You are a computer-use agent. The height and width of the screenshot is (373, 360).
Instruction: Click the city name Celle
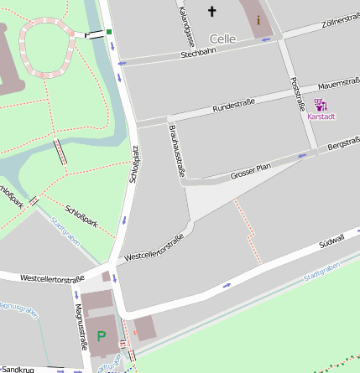(x=222, y=39)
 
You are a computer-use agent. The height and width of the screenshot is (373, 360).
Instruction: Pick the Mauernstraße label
(x=339, y=83)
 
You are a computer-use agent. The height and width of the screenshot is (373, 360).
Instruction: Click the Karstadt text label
(x=321, y=117)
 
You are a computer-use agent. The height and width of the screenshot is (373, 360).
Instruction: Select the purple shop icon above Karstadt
(x=321, y=105)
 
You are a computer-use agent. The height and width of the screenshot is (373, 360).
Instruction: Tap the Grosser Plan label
(x=251, y=171)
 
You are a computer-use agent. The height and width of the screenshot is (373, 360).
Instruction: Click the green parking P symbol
(x=102, y=336)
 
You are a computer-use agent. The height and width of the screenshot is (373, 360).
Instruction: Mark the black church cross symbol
(x=211, y=12)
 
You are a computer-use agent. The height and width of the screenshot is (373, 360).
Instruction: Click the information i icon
(x=258, y=18)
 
